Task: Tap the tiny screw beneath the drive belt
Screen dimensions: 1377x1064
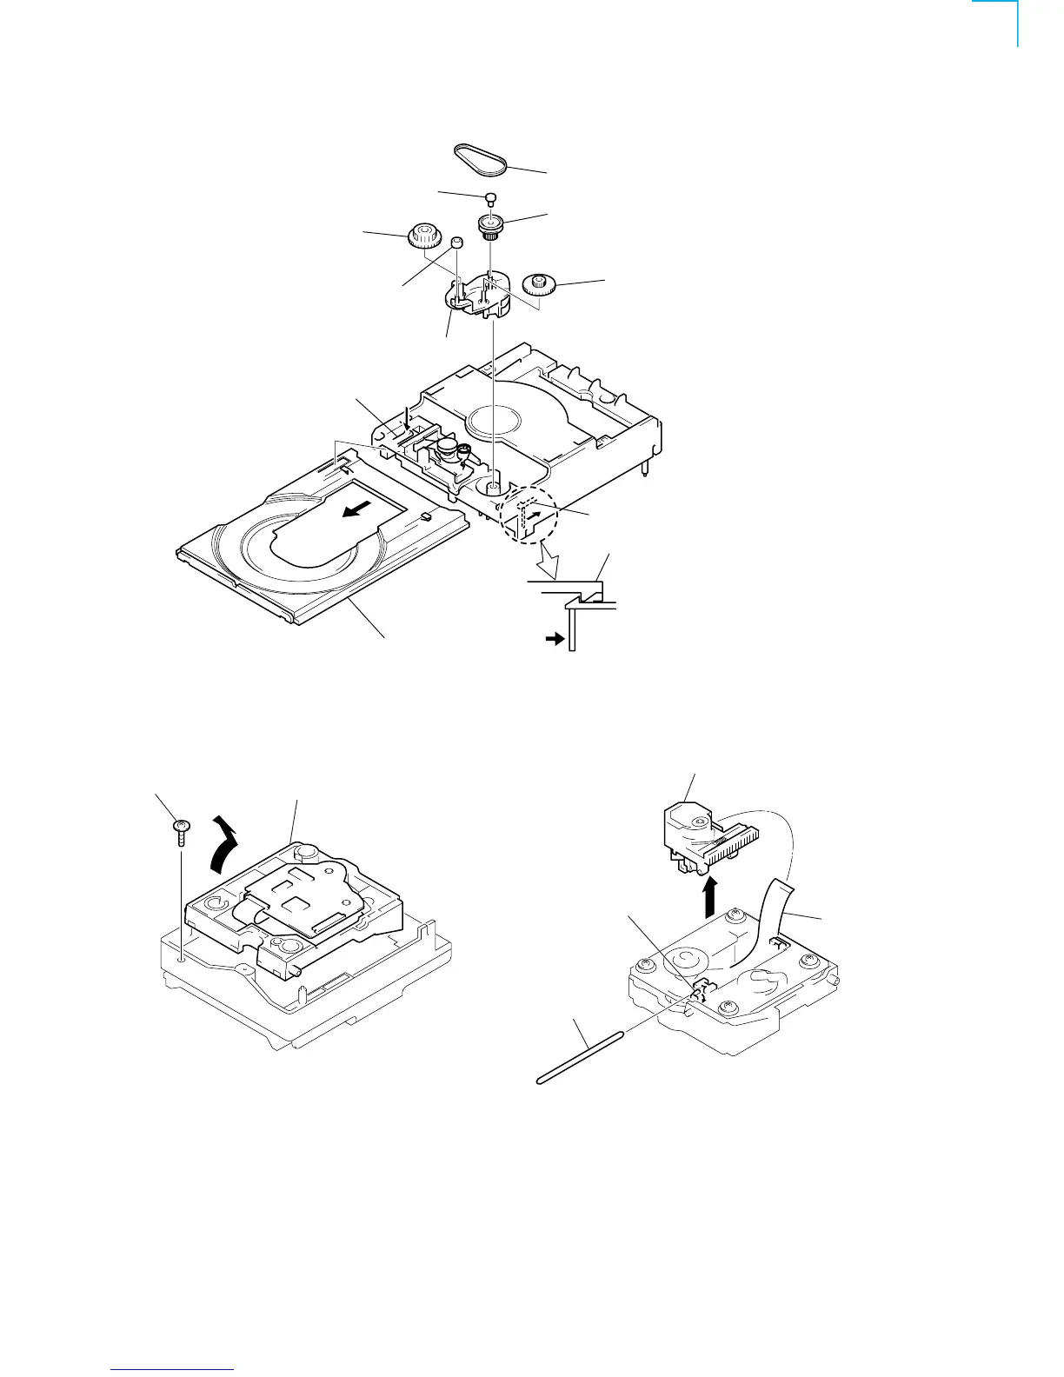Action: (490, 197)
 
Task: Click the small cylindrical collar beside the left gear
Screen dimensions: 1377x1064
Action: (455, 241)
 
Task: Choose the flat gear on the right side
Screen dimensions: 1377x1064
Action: (540, 283)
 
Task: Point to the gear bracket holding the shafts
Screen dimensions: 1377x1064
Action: (475, 296)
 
